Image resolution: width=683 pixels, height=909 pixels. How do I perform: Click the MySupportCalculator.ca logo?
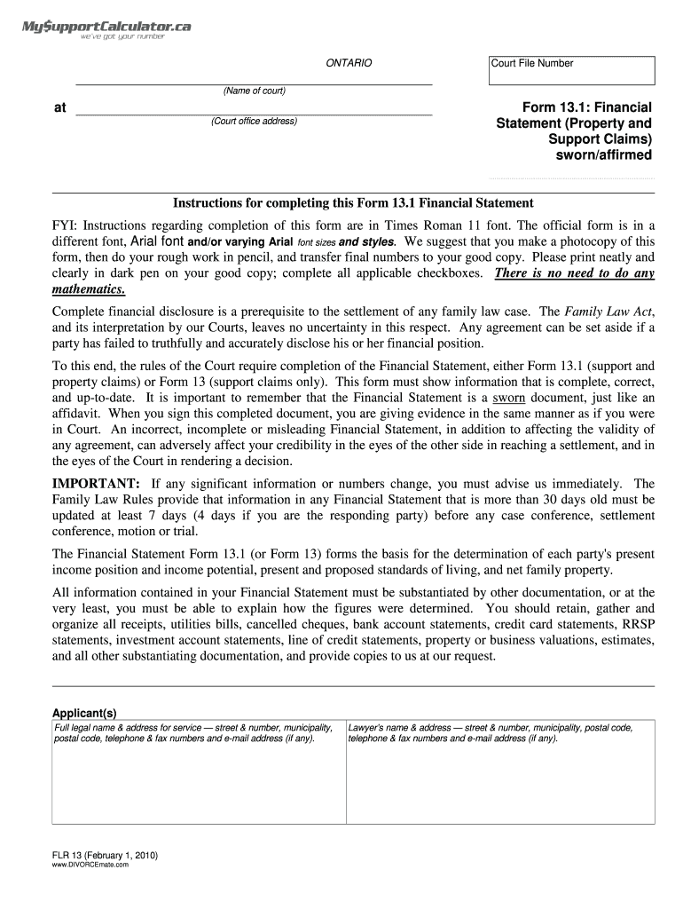[x=106, y=33]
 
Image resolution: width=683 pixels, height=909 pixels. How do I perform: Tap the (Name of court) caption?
[x=255, y=91]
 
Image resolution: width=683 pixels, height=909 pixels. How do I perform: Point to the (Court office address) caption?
[x=255, y=121]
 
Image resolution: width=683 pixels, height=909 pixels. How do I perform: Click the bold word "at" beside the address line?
[x=60, y=107]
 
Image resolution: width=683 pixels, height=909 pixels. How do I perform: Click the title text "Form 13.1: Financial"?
[x=586, y=107]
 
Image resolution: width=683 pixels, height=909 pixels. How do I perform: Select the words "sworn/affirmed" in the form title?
[x=603, y=155]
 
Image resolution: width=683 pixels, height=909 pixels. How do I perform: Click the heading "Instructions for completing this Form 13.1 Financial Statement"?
[x=353, y=203]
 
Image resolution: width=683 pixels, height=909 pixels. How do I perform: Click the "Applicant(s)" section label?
[x=84, y=714]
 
